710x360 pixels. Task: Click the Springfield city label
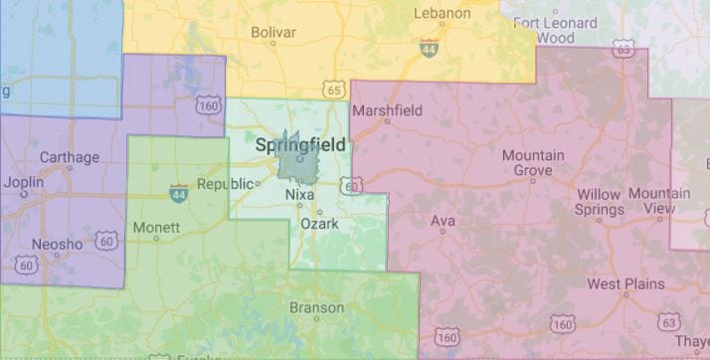(300, 145)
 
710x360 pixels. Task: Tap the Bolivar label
(273, 33)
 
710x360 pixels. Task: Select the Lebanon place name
(442, 13)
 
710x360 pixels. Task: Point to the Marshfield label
(388, 110)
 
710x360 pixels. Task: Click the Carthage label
(69, 157)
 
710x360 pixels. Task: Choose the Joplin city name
(24, 183)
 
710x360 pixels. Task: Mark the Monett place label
(156, 227)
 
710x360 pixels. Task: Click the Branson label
(316, 308)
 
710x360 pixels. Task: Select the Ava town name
(442, 221)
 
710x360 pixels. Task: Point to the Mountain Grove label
(533, 163)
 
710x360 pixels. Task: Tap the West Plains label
(624, 284)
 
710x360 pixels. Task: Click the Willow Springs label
(599, 202)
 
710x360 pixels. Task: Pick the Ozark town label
(320, 224)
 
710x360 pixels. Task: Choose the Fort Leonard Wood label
(555, 31)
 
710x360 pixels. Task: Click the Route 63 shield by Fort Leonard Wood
(623, 47)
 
